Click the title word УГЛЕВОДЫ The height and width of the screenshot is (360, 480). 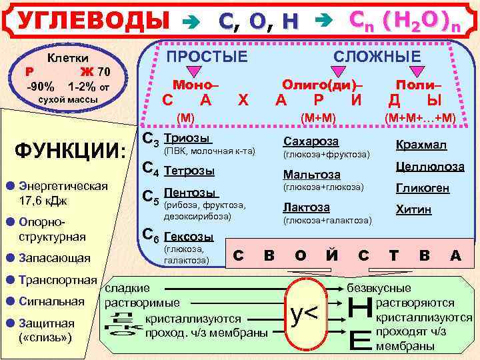93,21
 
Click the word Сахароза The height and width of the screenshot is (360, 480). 311,141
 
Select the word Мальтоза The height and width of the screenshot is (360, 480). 312,175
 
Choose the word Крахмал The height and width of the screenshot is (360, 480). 421,145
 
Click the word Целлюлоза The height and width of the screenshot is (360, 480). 430,167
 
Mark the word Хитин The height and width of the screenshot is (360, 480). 413,209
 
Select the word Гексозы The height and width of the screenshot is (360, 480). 189,237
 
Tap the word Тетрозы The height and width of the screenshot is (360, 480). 189,171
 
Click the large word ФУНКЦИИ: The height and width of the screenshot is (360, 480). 70,149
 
